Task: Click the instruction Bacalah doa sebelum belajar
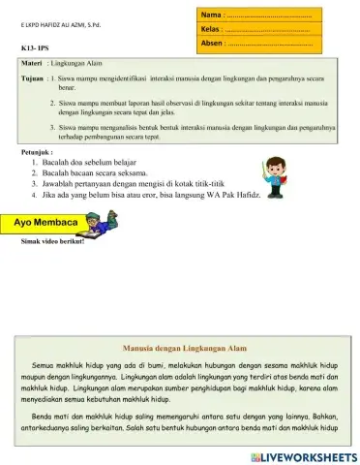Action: pos(92,162)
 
